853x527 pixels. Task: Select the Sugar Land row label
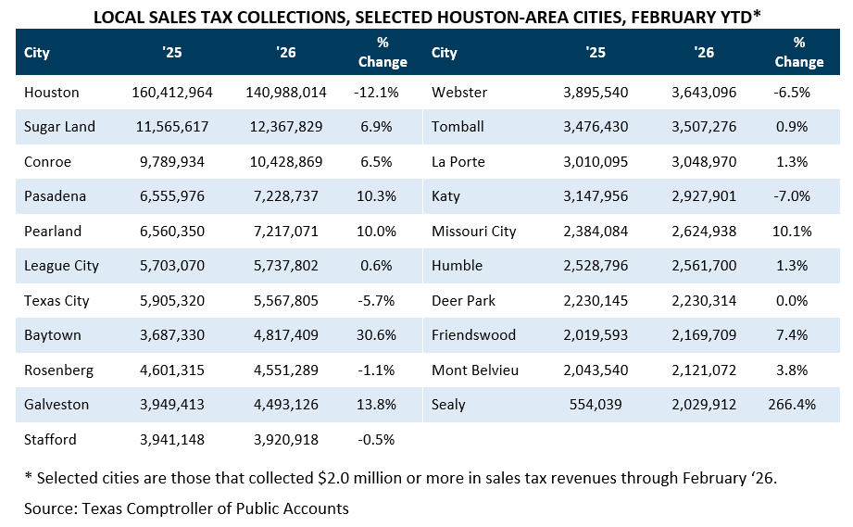point(59,127)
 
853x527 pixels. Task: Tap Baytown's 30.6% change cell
point(376,335)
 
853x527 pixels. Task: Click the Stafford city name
point(50,439)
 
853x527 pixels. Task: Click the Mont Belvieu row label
point(475,370)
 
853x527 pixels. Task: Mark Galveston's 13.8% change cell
point(376,405)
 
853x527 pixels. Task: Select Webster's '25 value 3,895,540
point(596,93)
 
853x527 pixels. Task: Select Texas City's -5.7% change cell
point(376,301)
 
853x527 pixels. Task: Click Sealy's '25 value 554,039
point(596,405)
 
